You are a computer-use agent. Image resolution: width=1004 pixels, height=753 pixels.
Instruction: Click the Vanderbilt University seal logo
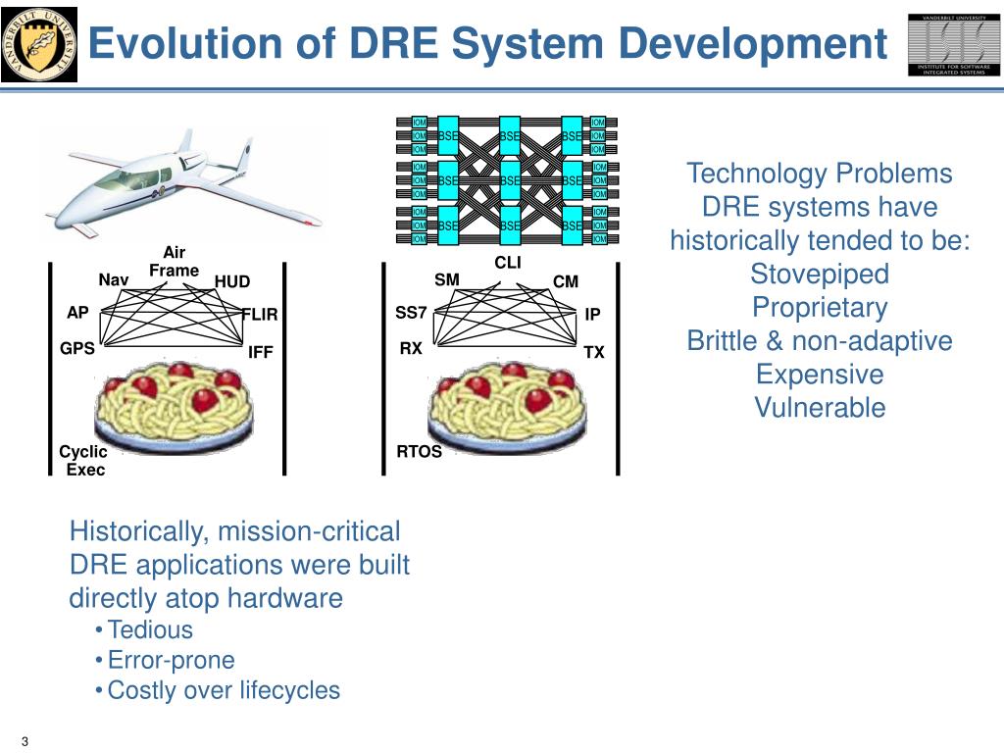point(39,44)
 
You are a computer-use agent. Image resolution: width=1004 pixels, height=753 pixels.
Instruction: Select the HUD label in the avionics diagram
point(232,282)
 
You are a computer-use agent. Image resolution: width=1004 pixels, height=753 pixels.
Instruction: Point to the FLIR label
point(261,315)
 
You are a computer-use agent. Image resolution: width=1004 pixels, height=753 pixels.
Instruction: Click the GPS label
point(77,347)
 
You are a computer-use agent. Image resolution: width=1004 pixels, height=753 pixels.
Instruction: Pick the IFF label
point(260,352)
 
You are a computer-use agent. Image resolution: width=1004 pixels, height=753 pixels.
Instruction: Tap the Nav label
point(114,280)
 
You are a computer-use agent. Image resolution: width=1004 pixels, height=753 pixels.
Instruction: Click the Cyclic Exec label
point(83,461)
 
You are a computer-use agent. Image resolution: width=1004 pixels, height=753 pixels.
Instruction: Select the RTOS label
point(419,452)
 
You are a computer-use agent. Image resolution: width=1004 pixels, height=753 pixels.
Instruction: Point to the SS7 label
point(411,313)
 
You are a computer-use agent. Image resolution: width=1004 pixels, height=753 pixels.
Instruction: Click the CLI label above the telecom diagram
point(508,262)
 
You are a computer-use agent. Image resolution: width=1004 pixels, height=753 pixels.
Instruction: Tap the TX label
point(594,352)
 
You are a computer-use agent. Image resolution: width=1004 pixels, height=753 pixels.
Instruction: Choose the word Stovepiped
point(819,275)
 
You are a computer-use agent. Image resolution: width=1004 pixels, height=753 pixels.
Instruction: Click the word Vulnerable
point(820,408)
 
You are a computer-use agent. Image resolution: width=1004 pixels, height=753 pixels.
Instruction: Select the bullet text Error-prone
point(171,660)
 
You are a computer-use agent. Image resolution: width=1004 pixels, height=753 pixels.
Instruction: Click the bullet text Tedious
point(150,629)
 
